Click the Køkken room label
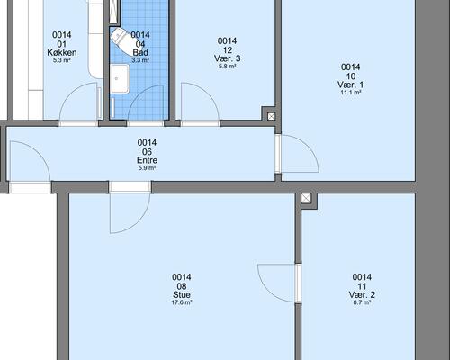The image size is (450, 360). pyautogui.click(x=62, y=53)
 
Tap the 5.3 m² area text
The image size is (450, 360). pyautogui.click(x=62, y=60)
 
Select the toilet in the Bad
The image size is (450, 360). pyautogui.click(x=120, y=38)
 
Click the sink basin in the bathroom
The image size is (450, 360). pyautogui.click(x=120, y=79)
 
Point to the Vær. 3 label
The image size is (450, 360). pyautogui.click(x=227, y=58)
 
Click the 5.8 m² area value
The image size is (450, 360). pyautogui.click(x=227, y=67)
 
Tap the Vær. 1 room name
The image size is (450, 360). pyautogui.click(x=350, y=85)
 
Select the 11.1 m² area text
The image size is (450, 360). pyautogui.click(x=350, y=93)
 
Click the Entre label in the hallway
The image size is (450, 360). pyautogui.click(x=147, y=160)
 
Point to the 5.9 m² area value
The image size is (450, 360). pyautogui.click(x=147, y=168)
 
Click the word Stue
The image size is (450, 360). pyautogui.click(x=182, y=294)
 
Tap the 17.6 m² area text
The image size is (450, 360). pyautogui.click(x=182, y=302)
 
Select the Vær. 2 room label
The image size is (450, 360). pyautogui.click(x=362, y=294)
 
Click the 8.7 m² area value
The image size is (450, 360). pyautogui.click(x=362, y=302)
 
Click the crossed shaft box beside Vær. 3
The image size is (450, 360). pyautogui.click(x=271, y=116)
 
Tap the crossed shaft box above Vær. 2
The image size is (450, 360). pyautogui.click(x=306, y=198)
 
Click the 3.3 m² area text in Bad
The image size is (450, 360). pyautogui.click(x=140, y=60)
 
